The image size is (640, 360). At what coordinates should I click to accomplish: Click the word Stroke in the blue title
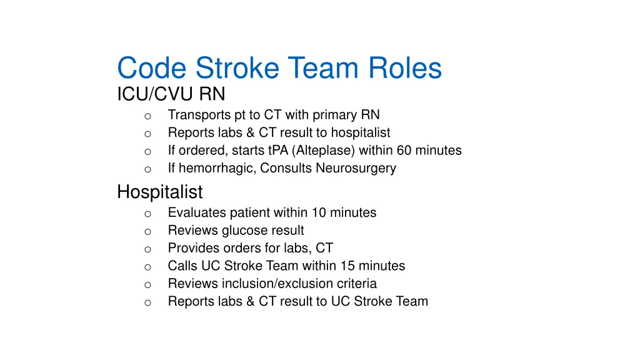pyautogui.click(x=237, y=67)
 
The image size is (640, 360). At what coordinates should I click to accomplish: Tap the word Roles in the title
pyautogui.click(x=405, y=67)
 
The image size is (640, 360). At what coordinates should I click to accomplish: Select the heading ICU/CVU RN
pyautogui.click(x=171, y=94)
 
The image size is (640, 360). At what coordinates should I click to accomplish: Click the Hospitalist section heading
pyautogui.click(x=159, y=192)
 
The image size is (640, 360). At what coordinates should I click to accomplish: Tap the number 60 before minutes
pyautogui.click(x=404, y=150)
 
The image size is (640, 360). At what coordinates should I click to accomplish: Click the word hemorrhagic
pyautogui.click(x=217, y=168)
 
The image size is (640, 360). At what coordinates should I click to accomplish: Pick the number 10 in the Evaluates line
pyautogui.click(x=319, y=212)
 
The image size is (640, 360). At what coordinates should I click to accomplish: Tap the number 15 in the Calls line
pyautogui.click(x=347, y=266)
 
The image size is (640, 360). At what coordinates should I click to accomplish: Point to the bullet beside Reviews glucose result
pyautogui.click(x=147, y=232)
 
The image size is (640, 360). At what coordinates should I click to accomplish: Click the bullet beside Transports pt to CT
pyautogui.click(x=147, y=116)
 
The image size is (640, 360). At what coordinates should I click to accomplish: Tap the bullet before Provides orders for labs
pyautogui.click(x=147, y=249)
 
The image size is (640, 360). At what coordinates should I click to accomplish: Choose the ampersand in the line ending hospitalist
pyautogui.click(x=250, y=132)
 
